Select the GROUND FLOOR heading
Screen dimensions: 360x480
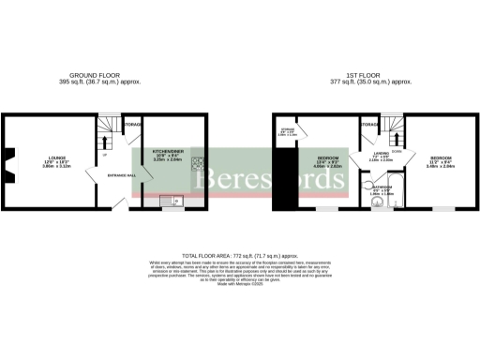pyautogui.click(x=105, y=75)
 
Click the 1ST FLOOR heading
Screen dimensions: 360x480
pyautogui.click(x=375, y=75)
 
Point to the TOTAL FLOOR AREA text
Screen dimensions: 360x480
pyautogui.click(x=239, y=254)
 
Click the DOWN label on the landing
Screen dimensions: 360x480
pyautogui.click(x=397, y=149)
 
